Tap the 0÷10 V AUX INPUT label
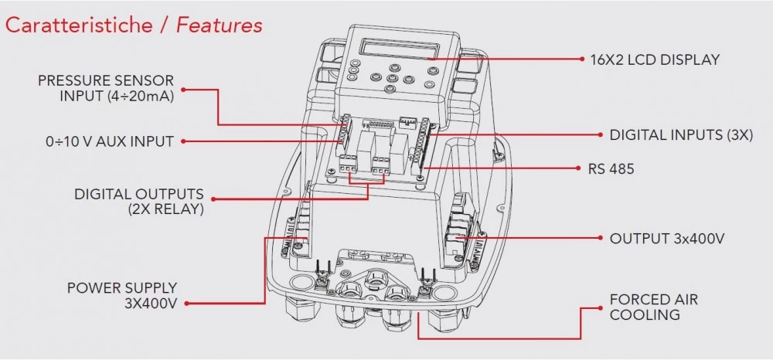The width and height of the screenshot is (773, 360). (x=110, y=141)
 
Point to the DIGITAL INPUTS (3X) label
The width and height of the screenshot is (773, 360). (x=680, y=134)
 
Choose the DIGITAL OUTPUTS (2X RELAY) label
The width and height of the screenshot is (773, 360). (x=139, y=201)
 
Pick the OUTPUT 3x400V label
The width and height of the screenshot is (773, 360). (x=667, y=239)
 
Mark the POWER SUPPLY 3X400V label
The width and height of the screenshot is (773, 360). (x=122, y=295)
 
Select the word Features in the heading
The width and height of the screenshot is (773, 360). (x=220, y=25)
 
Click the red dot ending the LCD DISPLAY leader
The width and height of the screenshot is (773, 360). (x=581, y=59)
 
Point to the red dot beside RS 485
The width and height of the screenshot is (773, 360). (x=581, y=168)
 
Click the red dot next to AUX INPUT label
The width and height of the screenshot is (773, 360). (x=186, y=141)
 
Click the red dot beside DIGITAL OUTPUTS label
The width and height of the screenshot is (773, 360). (x=213, y=199)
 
